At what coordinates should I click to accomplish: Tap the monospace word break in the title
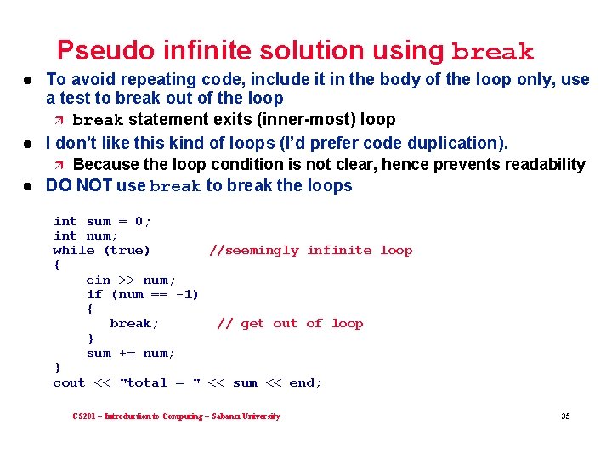coord(493,53)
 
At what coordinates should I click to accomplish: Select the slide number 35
coord(565,416)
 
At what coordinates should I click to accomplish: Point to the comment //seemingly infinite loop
coord(310,250)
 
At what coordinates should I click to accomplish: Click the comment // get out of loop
coord(290,323)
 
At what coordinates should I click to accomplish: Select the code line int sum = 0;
coord(102,221)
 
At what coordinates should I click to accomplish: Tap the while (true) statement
coord(101,250)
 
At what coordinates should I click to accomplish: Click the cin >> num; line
coord(131,280)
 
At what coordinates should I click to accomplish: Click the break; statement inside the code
coord(134,323)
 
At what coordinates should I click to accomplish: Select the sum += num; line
coord(131,353)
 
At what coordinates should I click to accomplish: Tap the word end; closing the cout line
coord(306,382)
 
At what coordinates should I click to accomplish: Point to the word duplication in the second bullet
coord(459,143)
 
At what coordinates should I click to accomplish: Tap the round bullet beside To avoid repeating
coord(27,80)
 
